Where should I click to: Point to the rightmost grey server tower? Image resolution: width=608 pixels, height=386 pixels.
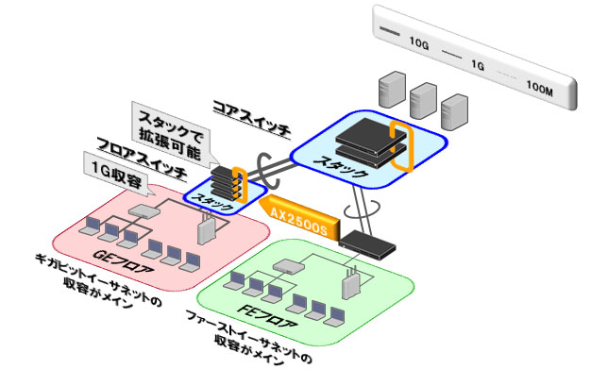455,109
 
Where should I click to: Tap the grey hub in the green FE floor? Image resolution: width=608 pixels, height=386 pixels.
284,267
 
